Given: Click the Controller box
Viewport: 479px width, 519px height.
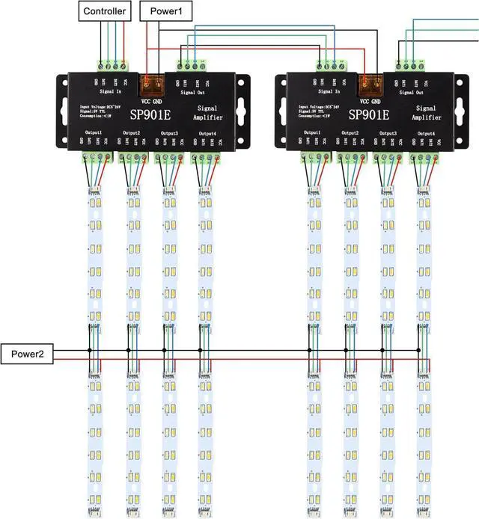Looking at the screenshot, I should point(105,11).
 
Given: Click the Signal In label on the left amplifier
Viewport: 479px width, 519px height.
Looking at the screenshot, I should point(110,91).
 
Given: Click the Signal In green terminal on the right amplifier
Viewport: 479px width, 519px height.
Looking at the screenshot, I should point(330,65).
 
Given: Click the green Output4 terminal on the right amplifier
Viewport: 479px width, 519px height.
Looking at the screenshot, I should point(425,157).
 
